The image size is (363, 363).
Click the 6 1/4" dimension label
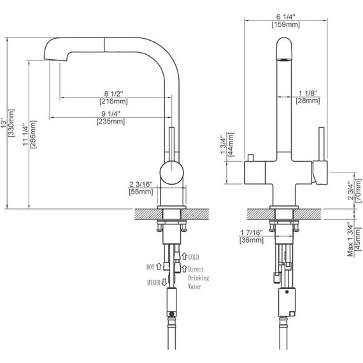(286, 17)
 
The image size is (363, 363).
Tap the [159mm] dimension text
(286, 25)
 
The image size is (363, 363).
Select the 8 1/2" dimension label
(113, 94)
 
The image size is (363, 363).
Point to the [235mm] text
(111, 121)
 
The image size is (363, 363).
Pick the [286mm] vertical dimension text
(33, 134)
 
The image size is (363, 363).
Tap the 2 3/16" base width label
(141, 184)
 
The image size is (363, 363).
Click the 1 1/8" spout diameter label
(308, 93)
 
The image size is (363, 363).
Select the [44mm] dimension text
(231, 145)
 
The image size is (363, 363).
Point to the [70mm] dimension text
(359, 190)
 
